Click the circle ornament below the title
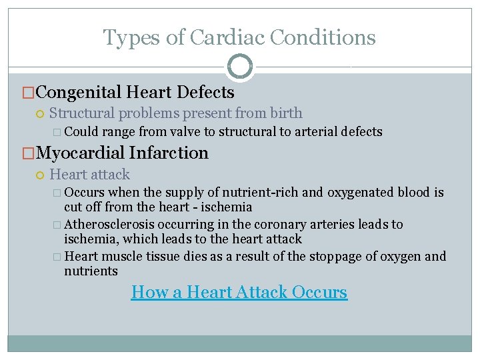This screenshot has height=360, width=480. coord(239,67)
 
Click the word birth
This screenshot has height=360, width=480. coord(286,113)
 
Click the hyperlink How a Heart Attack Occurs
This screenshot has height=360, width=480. coord(239,292)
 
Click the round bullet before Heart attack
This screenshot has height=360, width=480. coord(40,175)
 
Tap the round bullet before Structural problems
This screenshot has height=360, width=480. coord(40,114)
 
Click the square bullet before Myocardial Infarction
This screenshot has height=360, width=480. coord(28,154)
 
